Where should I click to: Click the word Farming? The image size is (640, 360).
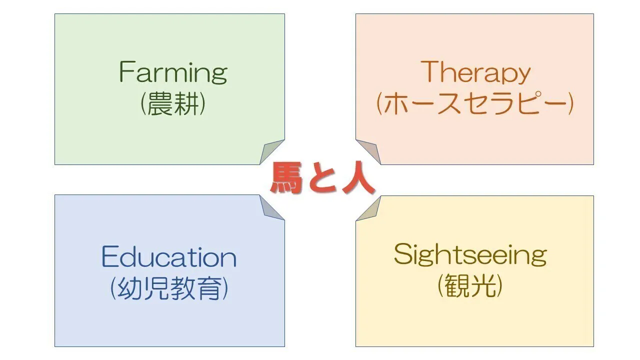pyautogui.click(x=173, y=73)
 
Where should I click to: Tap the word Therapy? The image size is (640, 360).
pyautogui.click(x=475, y=73)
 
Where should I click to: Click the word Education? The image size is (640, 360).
pyautogui.click(x=169, y=257)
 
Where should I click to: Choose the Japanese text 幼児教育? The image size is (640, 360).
pyautogui.click(x=169, y=288)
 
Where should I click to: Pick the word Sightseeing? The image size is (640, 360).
pyautogui.click(x=470, y=255)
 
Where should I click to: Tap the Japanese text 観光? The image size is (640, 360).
pyautogui.click(x=469, y=286)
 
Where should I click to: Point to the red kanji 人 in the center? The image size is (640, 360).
pyautogui.click(x=357, y=179)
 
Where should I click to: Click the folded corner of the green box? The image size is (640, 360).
pyautogui.click(x=270, y=151)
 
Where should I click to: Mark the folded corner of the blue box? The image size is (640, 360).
pyautogui.click(x=270, y=207)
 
